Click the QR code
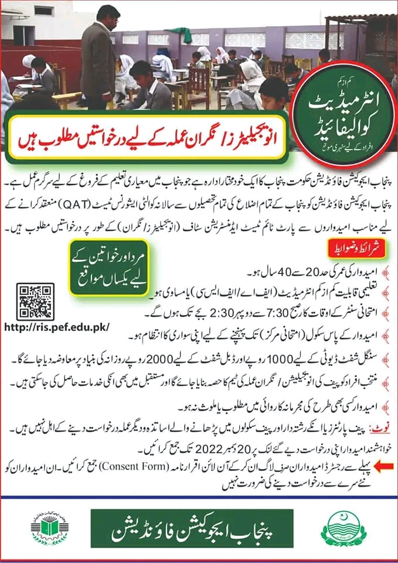coord(35,301)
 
